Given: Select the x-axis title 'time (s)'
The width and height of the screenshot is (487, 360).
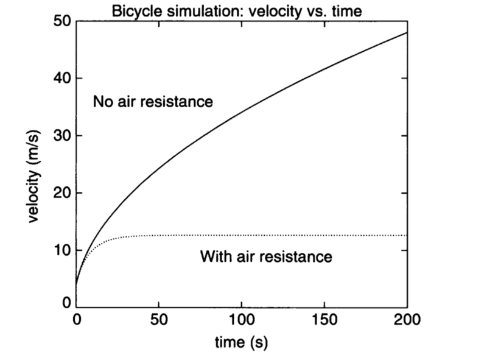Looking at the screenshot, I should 241,342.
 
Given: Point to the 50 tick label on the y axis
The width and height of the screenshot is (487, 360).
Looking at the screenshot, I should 60,22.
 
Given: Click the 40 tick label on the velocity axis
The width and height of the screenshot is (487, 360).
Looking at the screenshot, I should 60,79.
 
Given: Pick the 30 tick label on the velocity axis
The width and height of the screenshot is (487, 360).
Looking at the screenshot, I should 60,136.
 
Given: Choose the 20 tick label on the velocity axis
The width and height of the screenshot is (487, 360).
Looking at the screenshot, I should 60,193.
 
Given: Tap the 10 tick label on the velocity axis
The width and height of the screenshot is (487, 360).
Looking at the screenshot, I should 60,250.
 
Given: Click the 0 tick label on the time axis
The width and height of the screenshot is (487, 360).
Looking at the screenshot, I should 77,320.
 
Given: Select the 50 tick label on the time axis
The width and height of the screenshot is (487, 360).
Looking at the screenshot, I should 159,320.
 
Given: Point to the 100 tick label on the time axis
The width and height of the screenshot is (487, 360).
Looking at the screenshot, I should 242,320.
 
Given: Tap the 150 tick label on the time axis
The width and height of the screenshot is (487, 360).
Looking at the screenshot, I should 324,320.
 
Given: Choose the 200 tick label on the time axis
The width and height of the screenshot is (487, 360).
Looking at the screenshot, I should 407,320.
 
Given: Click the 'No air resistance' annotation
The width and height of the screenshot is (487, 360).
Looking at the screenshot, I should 153,102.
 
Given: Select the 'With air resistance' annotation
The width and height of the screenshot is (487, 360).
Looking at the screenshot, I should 266,256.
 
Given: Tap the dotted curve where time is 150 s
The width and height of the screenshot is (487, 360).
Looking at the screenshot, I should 324,235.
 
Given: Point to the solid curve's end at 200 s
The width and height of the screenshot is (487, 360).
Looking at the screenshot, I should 406,33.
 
